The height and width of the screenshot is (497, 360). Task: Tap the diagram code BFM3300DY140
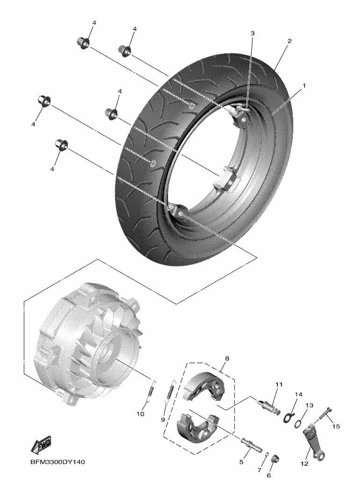tap(58, 462)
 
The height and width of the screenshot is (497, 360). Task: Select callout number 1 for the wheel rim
tap(304, 86)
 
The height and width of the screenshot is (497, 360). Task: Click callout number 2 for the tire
tap(289, 41)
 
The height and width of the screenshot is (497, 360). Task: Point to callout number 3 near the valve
tap(253, 33)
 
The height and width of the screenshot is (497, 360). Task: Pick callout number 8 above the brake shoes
tap(227, 359)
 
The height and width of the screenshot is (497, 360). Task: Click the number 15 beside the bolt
tap(336, 427)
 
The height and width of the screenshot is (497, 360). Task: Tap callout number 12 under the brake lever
tap(304, 464)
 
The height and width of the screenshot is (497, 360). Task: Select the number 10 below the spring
tap(140, 414)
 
